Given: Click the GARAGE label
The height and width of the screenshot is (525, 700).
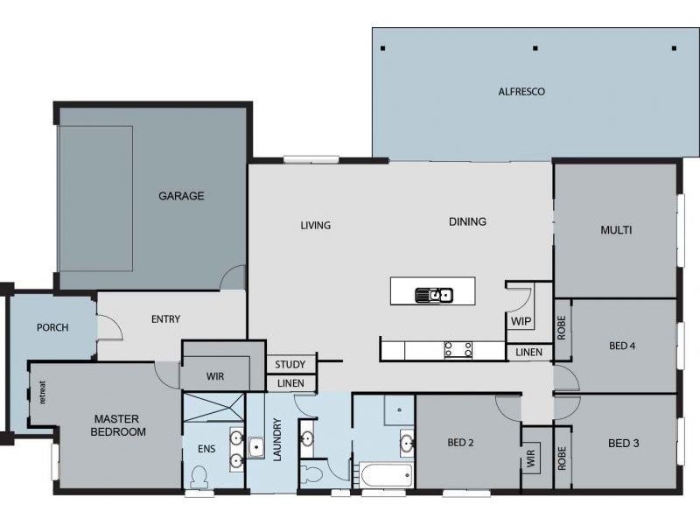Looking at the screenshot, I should (x=181, y=196).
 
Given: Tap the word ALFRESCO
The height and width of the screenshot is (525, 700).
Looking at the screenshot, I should (x=521, y=91).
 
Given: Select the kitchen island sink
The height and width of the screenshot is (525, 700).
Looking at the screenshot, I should (x=434, y=295).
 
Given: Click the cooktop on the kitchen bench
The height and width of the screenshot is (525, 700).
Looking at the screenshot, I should (x=458, y=350).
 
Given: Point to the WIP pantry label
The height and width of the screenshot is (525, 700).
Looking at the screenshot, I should (x=521, y=321).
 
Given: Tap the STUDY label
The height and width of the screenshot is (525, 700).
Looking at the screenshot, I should (x=290, y=365).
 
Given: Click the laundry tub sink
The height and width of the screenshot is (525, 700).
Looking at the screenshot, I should (x=256, y=448).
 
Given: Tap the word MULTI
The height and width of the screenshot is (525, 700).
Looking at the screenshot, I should (x=616, y=231).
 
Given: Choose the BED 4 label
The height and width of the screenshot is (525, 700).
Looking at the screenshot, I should (x=622, y=346).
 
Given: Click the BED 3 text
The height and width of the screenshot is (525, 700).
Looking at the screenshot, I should (x=623, y=444).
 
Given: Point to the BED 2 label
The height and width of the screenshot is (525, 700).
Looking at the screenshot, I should (x=460, y=443).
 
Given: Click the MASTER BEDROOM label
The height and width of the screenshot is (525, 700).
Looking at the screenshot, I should (x=119, y=425).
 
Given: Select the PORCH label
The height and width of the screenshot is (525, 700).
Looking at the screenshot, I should (x=52, y=328).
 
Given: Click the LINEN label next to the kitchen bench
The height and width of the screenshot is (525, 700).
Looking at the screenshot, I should (x=528, y=353).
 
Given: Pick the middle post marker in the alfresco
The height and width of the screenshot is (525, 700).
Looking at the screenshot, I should (x=535, y=48).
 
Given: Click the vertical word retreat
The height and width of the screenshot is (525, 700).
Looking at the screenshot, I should (x=42, y=394).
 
